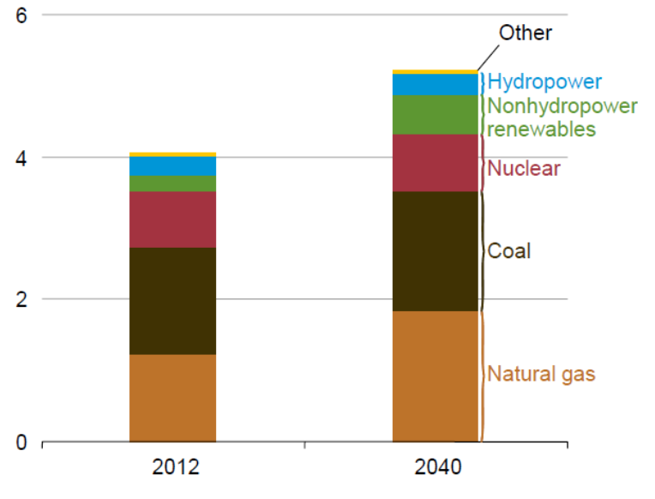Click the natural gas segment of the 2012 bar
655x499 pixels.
click(172, 398)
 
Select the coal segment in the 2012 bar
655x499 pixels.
click(172, 301)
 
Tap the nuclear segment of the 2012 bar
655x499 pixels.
click(172, 219)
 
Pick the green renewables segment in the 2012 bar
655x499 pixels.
click(172, 183)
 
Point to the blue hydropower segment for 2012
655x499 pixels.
click(172, 166)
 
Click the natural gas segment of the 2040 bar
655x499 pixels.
click(435, 376)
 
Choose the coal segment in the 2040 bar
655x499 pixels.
click(435, 251)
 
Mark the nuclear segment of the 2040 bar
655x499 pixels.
click(435, 163)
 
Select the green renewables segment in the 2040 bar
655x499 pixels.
click(435, 115)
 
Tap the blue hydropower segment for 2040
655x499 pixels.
click(435, 85)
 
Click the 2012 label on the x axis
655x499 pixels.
click(176, 467)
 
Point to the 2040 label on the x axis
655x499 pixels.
click(438, 467)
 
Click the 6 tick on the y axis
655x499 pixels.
click(22, 15)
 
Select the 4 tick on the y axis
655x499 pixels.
click(22, 158)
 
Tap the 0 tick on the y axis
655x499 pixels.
click(22, 442)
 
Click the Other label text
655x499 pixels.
click(526, 33)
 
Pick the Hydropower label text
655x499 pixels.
click(544, 82)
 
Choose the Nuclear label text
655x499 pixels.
click(523, 168)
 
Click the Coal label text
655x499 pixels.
click(509, 251)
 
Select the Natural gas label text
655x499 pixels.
click(541, 375)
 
